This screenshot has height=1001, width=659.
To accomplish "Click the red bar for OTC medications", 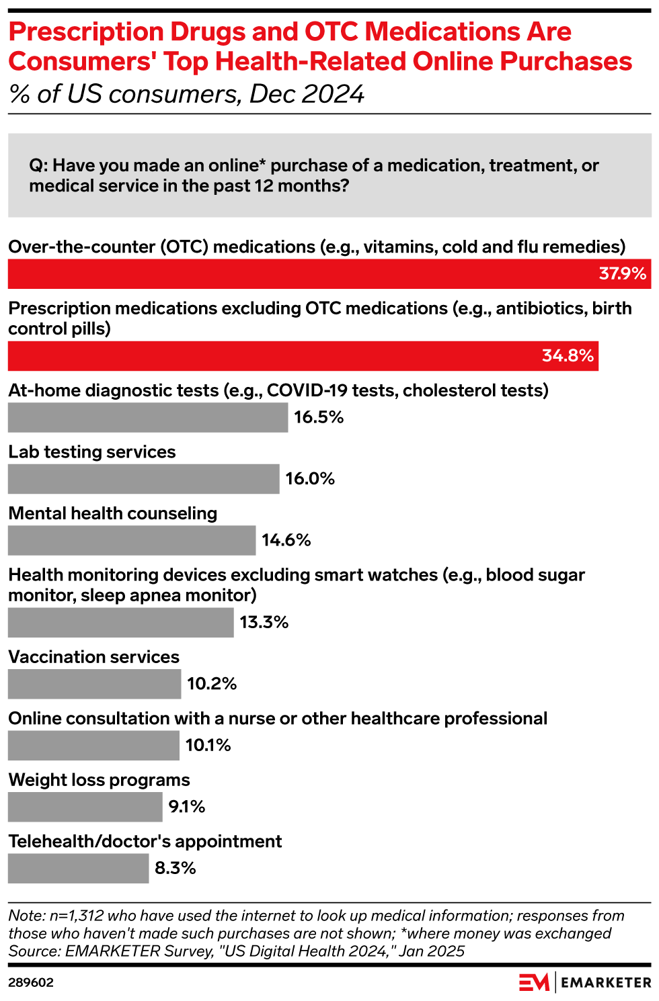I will (x=303, y=274).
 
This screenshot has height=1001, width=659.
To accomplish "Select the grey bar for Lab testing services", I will (x=143, y=479).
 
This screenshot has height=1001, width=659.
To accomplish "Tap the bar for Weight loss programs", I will (x=85, y=807).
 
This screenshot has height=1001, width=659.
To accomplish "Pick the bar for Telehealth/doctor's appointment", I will (x=78, y=869).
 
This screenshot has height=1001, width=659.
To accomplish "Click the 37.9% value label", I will (x=622, y=274).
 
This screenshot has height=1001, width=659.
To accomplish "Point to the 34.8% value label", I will (x=568, y=356).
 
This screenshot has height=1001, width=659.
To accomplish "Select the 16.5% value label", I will (x=319, y=417).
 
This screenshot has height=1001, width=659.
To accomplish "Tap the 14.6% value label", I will (x=286, y=540).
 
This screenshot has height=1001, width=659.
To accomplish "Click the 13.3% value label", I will (x=264, y=623).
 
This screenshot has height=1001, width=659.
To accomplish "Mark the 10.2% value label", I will (x=212, y=684).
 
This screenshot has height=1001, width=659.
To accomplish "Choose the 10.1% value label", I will (x=208, y=746).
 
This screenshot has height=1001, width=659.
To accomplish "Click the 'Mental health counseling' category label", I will (x=113, y=514).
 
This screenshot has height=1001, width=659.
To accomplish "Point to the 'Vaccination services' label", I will (x=94, y=657).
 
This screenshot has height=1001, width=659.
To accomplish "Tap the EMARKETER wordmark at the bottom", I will (x=606, y=983).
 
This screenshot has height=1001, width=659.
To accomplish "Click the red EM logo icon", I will (x=534, y=982).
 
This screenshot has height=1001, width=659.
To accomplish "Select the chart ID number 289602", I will (x=31, y=983).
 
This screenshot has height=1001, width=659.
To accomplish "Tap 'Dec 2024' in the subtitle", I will (x=307, y=94).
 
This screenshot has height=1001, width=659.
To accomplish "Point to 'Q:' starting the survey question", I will (x=38, y=166).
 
